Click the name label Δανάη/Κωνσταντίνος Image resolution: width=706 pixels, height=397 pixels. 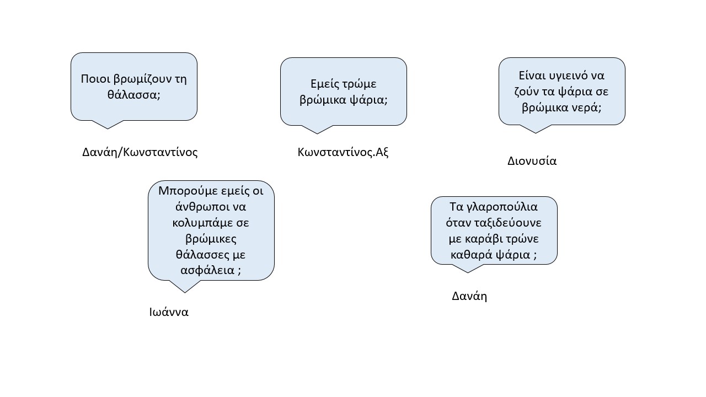(x=140, y=153)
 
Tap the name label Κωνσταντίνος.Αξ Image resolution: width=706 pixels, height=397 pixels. (x=343, y=153)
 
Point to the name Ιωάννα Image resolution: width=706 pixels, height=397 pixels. (x=169, y=312)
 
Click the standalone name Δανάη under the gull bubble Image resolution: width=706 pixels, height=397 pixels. (x=469, y=297)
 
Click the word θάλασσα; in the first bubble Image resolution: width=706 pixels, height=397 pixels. (x=134, y=94)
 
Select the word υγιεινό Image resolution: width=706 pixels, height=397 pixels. (x=566, y=76)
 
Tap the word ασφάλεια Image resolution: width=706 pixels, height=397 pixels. (x=207, y=270)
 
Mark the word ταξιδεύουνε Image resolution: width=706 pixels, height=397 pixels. (x=508, y=223)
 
